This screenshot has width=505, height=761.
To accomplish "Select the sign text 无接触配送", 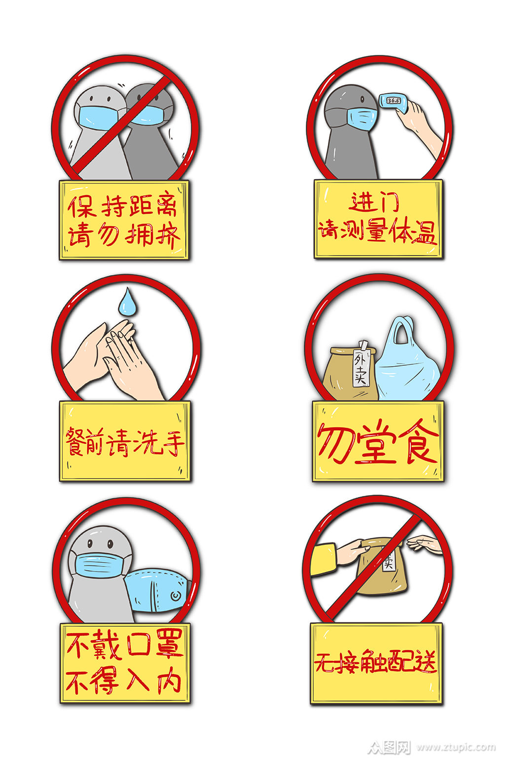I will click(376, 662).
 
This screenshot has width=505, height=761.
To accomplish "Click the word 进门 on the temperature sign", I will click(375, 202).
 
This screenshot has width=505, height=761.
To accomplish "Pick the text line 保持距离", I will click(123, 206).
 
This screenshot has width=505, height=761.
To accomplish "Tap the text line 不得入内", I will click(123, 682).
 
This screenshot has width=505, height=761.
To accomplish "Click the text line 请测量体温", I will click(377, 230).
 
